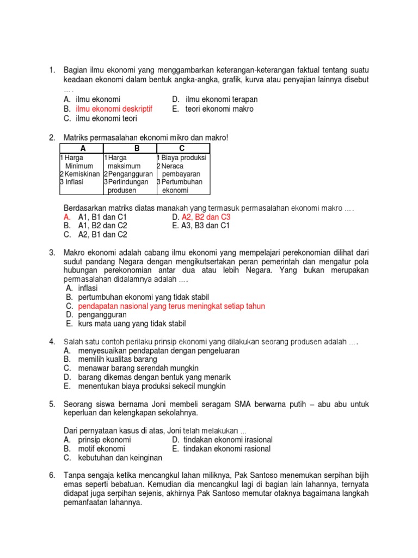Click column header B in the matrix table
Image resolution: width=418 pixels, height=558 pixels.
coord(137,148)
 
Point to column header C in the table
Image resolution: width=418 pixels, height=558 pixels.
coord(182,148)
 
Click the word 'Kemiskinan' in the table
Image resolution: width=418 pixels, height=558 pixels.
coord(82,174)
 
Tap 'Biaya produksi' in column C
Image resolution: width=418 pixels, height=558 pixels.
coord(184,158)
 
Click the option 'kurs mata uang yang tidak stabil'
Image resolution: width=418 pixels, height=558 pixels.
coord(132,324)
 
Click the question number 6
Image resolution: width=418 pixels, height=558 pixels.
coord(52,475)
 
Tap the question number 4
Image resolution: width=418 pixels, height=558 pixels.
coord(52,342)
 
